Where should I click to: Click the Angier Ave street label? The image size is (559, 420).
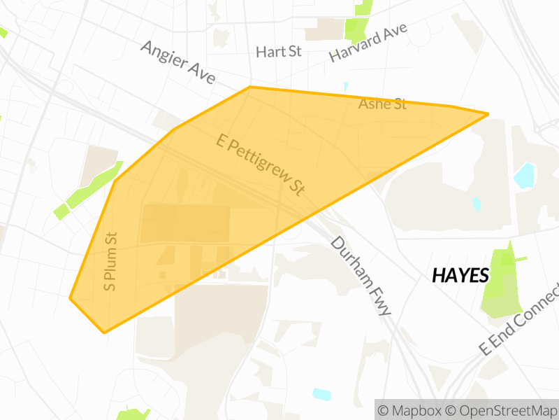(x=177, y=62)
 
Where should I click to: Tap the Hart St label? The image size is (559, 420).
(x=278, y=52)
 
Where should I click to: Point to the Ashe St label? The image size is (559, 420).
(x=382, y=104)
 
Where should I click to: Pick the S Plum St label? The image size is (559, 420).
(x=110, y=261)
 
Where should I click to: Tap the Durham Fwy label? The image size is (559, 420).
(x=360, y=276)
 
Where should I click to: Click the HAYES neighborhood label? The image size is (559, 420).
(x=460, y=275)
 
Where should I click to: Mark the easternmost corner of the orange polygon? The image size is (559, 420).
(x=488, y=113)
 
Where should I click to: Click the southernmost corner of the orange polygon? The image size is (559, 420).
(x=105, y=332)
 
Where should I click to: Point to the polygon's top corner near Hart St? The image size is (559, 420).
(x=250, y=87)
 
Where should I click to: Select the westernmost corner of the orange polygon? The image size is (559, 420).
(x=70, y=298)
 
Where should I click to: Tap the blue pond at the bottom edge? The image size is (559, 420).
(x=321, y=393)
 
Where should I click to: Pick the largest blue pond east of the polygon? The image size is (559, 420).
(x=525, y=175)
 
